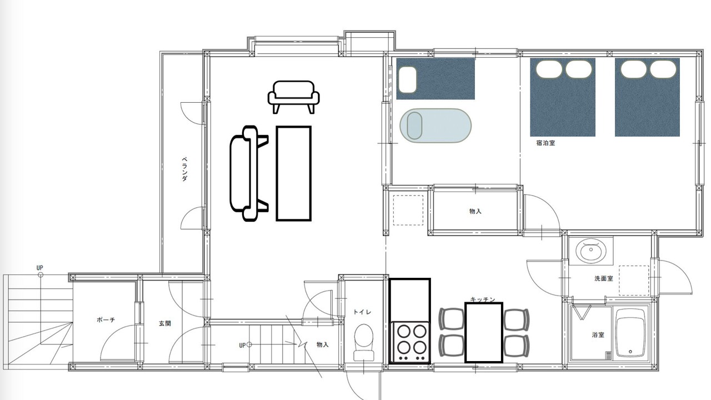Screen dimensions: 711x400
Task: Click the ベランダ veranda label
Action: (184, 169)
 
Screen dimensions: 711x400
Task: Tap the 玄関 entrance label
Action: (165, 323)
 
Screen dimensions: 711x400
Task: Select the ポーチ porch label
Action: (106, 319)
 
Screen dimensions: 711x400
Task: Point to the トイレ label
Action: (362, 312)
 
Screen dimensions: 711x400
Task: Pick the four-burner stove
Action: (410, 342)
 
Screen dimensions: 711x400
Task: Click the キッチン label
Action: (483, 299)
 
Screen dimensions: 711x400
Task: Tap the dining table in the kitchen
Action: (484, 332)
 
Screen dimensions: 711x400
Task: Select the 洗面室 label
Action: (603, 278)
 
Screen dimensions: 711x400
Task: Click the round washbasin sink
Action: (590, 250)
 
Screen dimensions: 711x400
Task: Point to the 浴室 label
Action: (598, 334)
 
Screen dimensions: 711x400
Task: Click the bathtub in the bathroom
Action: (630, 333)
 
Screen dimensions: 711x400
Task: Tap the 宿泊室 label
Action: (545, 143)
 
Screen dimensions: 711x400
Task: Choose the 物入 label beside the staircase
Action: (323, 344)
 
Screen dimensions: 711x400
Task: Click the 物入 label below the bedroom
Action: (475, 211)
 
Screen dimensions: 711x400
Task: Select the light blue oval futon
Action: (435, 126)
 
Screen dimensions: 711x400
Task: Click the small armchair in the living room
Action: (294, 97)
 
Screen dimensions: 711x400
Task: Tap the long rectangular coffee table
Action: (294, 173)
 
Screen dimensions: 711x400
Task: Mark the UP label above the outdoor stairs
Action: (39, 268)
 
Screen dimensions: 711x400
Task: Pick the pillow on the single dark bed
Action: (407, 79)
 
